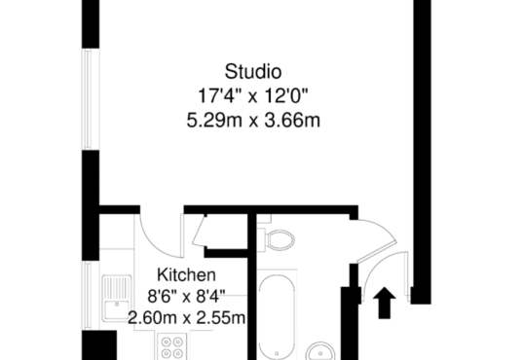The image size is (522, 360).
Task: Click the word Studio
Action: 253,72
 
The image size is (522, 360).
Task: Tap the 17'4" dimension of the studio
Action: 220,95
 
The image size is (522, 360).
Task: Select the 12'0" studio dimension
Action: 286,95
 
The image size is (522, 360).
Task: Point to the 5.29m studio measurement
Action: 214,120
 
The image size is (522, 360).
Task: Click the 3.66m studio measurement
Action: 292,120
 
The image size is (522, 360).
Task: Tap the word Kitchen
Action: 186,274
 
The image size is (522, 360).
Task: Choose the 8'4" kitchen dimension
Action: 210,296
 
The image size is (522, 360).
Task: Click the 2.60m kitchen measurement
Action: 152,318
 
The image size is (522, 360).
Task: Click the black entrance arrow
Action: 385,303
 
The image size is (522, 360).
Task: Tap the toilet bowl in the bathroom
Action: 280,239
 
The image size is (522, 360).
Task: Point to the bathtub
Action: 277,316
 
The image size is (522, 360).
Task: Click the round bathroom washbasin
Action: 320,351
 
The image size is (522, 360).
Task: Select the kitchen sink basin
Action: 116,310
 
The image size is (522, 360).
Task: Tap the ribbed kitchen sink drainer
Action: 117,288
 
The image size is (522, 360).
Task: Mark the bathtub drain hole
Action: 277,353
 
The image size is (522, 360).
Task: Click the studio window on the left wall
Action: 88,99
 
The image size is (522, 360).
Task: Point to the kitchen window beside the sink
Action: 88,296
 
